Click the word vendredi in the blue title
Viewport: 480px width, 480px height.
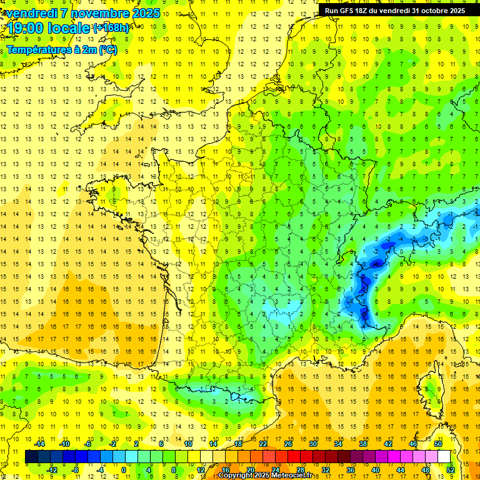[x=31, y=13]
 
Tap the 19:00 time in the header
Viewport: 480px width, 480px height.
[x=24, y=27]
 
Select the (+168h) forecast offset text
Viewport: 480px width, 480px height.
[x=111, y=27]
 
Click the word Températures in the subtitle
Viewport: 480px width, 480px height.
[x=37, y=49]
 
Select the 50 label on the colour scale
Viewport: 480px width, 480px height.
[x=437, y=444]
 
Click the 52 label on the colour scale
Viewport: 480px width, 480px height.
[x=450, y=470]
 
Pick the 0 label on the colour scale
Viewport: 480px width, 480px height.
[x=124, y=470]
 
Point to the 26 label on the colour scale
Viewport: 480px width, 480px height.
[x=288, y=444]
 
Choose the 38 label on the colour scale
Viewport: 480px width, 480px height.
[x=362, y=444]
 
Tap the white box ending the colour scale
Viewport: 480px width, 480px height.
[x=444, y=457]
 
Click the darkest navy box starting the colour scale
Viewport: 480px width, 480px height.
[x=31, y=457]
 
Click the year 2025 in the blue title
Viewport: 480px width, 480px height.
[x=146, y=13]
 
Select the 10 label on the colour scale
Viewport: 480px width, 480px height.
[x=188, y=444]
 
